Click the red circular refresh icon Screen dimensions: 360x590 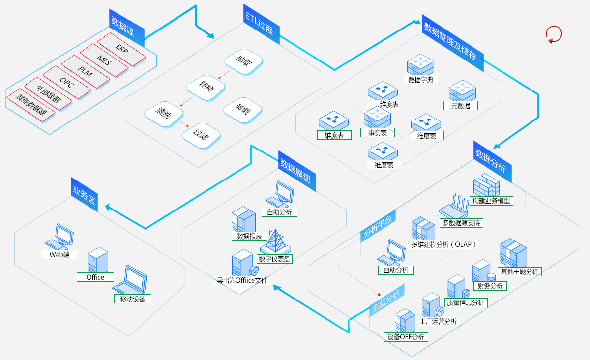click(554, 34)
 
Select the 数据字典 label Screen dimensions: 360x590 click(420, 80)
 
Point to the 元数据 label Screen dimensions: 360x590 click(460, 105)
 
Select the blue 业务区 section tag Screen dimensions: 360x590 click(85, 195)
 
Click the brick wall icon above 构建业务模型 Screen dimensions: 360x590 click(486, 185)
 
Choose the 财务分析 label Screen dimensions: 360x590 click(490, 286)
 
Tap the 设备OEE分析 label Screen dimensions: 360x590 click(406, 337)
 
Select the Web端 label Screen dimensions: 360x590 click(59, 255)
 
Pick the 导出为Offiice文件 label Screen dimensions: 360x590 click(241, 281)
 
